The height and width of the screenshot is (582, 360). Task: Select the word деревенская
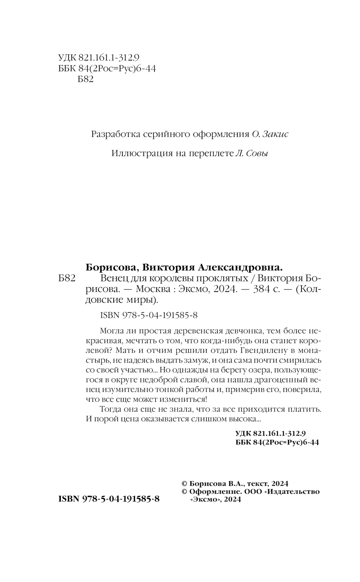(x=198, y=331)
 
